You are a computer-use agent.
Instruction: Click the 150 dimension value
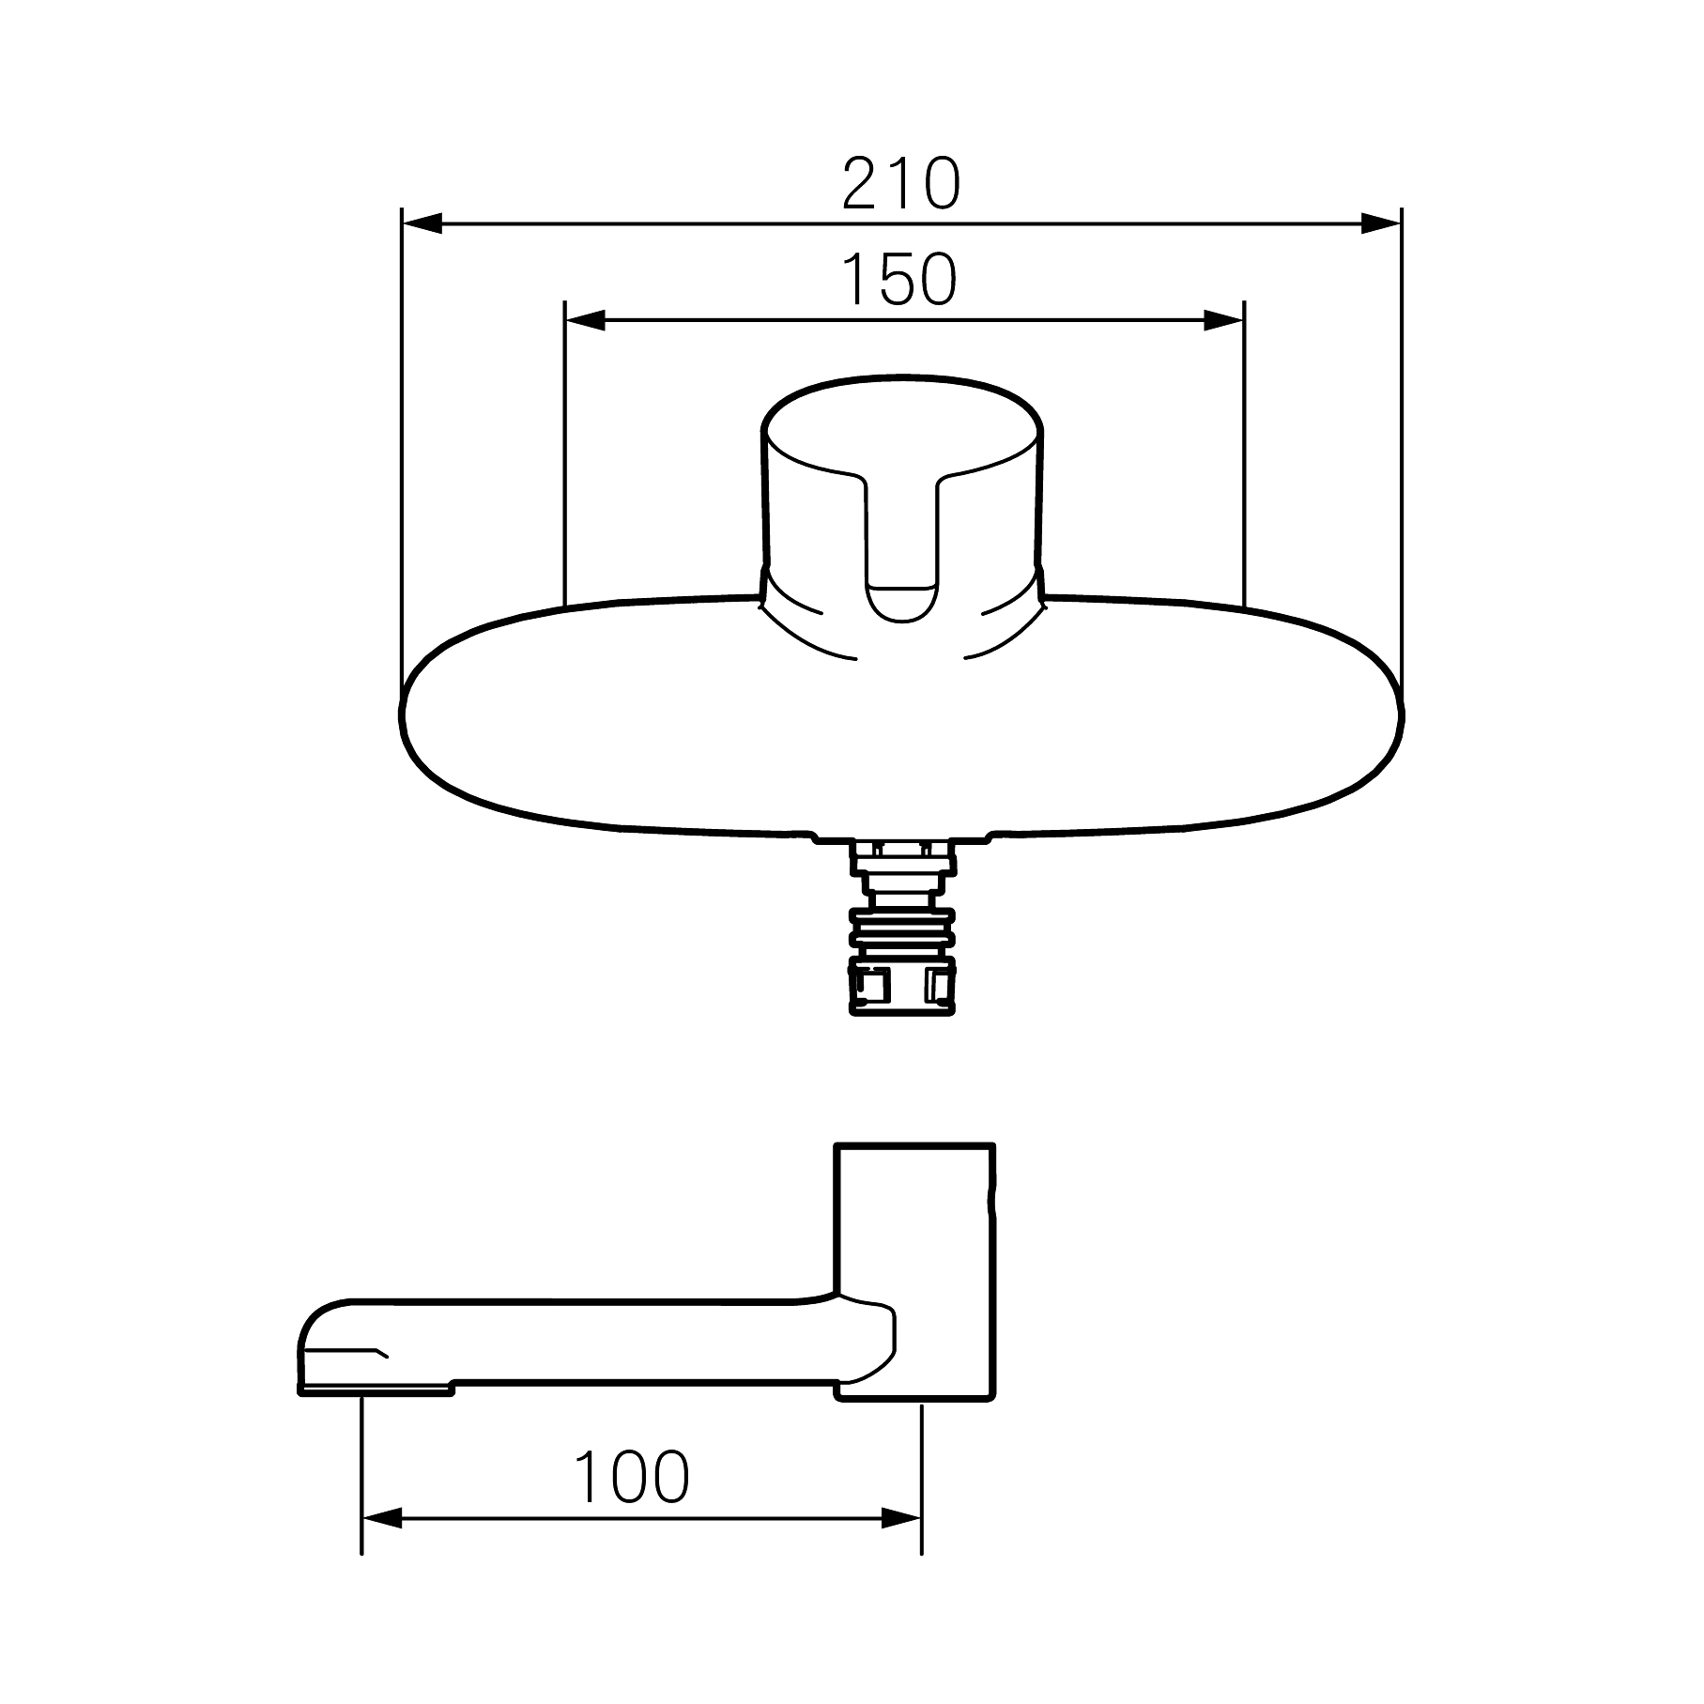(900, 279)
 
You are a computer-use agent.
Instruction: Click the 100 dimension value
(632, 1477)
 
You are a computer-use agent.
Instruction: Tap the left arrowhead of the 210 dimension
(422, 223)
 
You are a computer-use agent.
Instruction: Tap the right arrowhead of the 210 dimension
(1380, 223)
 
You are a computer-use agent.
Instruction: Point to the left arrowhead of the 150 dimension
(585, 320)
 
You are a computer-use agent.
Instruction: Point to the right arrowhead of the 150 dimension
(1223, 320)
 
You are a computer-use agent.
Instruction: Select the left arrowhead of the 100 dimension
(382, 1544)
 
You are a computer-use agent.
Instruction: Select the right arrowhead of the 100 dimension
(901, 1544)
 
